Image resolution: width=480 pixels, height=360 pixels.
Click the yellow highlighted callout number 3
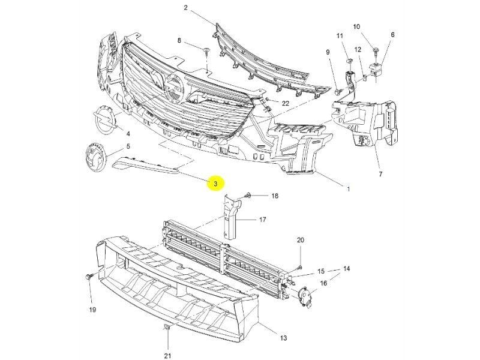(215, 183)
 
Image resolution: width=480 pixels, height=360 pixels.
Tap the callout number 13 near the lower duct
(284, 338)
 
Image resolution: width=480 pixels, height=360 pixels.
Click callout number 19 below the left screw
(93, 310)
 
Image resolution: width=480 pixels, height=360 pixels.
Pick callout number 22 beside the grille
(285, 103)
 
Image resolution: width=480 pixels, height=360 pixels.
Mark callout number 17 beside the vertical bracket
(262, 220)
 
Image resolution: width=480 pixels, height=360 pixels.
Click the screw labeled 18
(248, 196)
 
